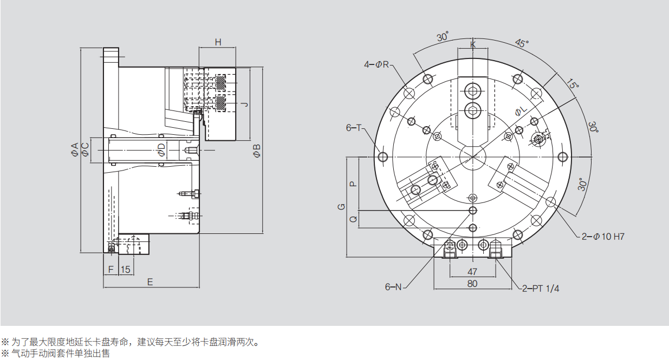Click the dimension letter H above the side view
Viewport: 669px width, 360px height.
coord(218,42)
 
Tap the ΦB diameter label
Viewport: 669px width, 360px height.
coord(257,150)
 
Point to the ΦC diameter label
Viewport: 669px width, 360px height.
coord(85,150)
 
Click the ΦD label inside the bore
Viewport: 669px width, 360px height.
coord(161,150)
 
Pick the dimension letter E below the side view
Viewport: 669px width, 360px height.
coord(150,282)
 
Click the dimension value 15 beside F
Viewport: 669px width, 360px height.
coord(125,269)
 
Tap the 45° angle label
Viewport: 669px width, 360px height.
coord(522,43)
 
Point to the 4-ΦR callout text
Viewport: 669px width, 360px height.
coord(376,65)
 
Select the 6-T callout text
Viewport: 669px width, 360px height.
coord(354,128)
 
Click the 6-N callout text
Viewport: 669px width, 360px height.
coord(393,287)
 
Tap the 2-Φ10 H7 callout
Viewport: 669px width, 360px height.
coord(603,237)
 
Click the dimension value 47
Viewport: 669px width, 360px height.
coord(472,271)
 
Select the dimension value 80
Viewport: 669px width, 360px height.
coord(472,283)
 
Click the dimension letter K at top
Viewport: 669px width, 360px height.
coord(473,44)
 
